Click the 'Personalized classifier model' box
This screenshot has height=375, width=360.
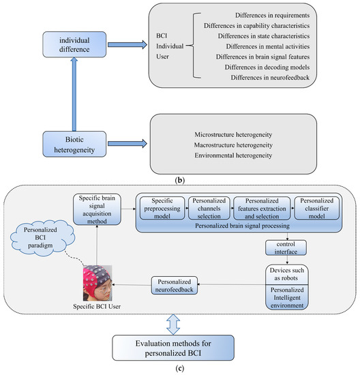point(314,207)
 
